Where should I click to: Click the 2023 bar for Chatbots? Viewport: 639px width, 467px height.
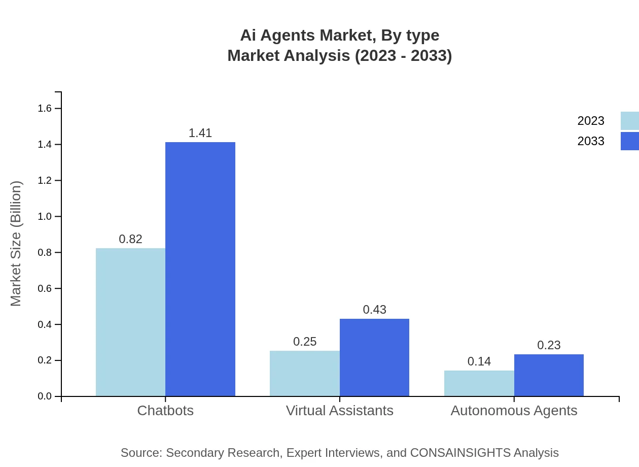130,322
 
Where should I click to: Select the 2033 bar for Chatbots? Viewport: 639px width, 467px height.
200,269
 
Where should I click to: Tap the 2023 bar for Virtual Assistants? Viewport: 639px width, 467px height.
305,373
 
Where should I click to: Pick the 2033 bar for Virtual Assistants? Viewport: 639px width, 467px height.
374,357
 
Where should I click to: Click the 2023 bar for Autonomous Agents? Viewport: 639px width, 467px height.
479,383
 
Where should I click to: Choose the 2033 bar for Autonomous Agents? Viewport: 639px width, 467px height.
549,375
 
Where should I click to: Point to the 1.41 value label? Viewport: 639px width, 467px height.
200,133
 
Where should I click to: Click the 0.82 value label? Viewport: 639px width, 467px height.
130,239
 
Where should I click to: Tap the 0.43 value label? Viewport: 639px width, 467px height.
374,310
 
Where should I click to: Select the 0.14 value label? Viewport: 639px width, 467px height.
479,361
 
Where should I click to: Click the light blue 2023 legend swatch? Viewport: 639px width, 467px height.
629,121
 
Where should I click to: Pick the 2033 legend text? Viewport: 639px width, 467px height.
591,141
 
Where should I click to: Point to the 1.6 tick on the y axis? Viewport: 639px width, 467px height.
45,108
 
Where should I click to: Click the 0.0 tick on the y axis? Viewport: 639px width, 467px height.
45,396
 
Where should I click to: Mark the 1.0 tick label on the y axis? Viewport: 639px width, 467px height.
45,217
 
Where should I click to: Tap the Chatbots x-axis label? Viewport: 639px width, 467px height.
165,411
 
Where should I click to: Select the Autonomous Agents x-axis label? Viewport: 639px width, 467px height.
514,411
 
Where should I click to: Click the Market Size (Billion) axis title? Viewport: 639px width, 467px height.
16,244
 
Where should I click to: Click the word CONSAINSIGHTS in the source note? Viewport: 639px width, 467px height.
459,453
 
